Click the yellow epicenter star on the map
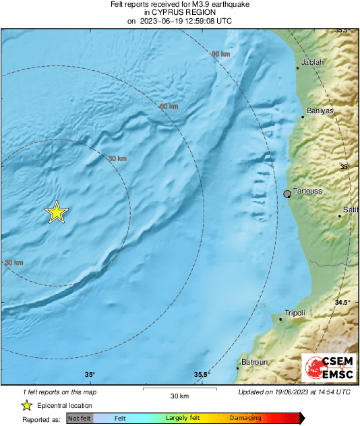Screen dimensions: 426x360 tap(57, 212)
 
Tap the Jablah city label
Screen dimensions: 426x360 tap(313, 63)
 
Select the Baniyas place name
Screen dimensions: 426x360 tap(320, 111)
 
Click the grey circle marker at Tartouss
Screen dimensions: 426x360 tap(288, 194)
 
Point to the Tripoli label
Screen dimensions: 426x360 tap(295, 313)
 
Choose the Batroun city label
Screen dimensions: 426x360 tap(254, 363)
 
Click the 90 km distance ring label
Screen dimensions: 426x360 tap(220, 54)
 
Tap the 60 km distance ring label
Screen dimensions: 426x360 tap(169, 106)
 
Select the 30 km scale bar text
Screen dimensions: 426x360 tap(179, 395)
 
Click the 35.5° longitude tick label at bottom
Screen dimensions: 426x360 tap(202, 375)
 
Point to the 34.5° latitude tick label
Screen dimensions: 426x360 tap(343, 303)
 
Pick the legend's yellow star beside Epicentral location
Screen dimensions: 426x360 tap(26, 405)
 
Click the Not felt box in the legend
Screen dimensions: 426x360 tap(80, 419)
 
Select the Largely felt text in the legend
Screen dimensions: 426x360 tap(181, 419)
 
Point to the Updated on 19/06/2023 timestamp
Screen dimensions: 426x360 tap(294, 392)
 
